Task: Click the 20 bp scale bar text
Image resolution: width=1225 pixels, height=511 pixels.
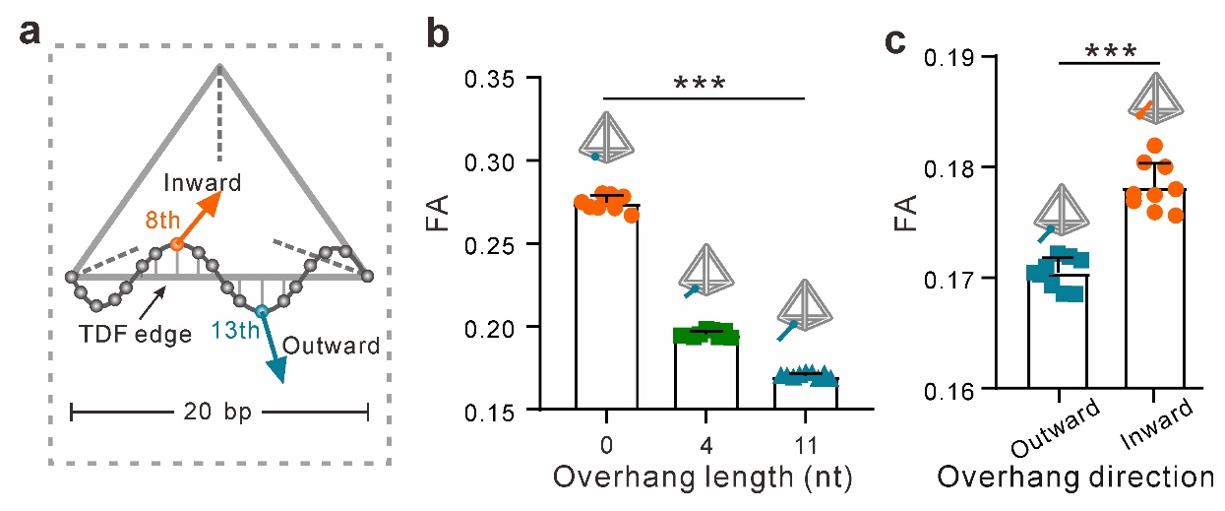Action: tap(217, 413)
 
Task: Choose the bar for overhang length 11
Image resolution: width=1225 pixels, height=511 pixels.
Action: tap(806, 392)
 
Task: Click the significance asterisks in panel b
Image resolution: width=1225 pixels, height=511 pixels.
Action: tap(702, 83)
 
